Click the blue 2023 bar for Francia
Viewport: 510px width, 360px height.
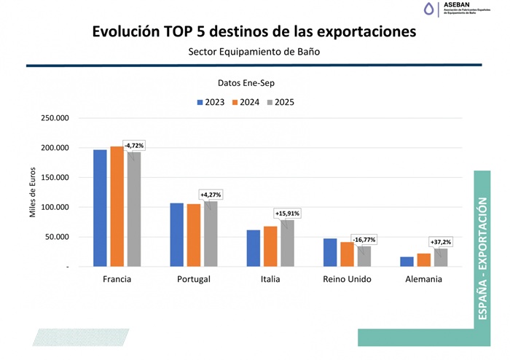coord(100,208)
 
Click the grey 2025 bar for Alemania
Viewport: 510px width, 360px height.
coord(440,258)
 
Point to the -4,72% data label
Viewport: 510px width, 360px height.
coord(133,146)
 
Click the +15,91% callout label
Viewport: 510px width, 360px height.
coord(286,214)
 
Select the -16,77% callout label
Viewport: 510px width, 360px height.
coord(364,239)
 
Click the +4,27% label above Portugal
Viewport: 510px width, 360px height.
coord(211,195)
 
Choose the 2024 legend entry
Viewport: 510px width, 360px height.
coord(244,103)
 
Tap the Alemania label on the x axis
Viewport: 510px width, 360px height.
coord(424,279)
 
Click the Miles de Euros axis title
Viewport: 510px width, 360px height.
coord(32,192)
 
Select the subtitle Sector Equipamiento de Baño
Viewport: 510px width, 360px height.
coord(254,52)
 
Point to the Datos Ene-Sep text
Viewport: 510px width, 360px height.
coord(246,84)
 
